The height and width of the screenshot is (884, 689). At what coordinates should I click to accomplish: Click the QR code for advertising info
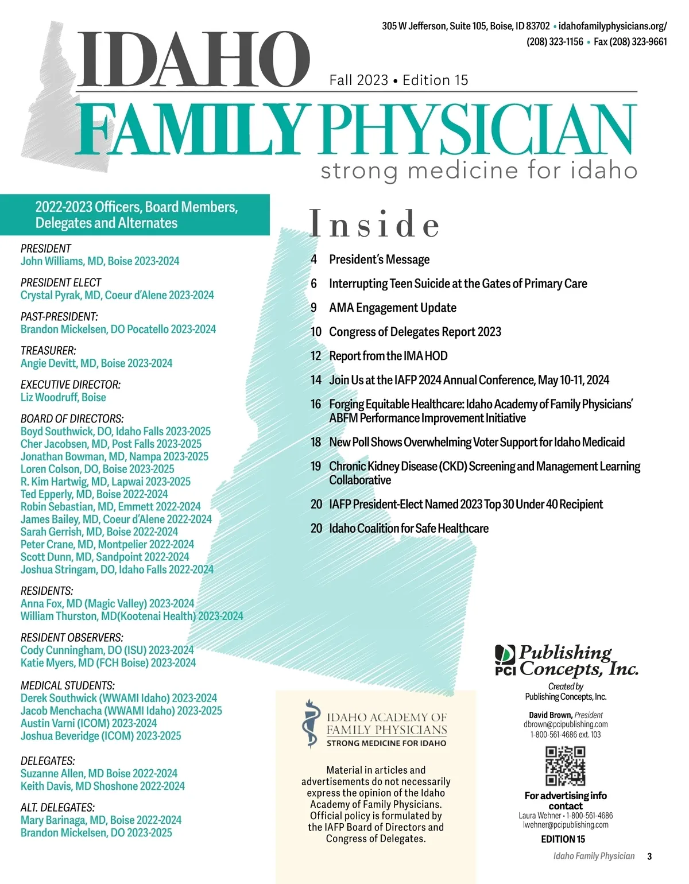565,766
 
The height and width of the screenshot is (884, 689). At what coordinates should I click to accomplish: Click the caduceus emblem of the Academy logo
311,724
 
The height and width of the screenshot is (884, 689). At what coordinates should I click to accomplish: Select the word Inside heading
374,224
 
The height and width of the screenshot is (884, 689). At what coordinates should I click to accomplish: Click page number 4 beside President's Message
314,259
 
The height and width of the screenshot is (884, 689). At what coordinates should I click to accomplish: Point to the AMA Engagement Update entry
392,308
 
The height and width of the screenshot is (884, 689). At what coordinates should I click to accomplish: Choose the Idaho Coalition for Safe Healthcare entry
408,528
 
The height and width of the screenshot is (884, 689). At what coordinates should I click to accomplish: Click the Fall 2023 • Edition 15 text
398,80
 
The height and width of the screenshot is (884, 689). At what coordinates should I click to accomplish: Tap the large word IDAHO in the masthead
193,59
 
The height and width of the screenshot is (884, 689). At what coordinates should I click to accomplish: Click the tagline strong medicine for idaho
478,170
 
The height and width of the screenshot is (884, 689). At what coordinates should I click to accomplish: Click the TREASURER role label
48,351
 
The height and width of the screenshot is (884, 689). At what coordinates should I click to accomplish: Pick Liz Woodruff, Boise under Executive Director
63,397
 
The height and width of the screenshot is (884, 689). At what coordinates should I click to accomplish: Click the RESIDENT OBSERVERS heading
72,638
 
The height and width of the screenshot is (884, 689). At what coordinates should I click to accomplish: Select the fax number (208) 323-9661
630,42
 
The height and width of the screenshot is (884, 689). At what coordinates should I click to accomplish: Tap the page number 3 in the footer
649,856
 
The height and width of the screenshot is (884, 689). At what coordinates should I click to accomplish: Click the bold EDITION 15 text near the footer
563,839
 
